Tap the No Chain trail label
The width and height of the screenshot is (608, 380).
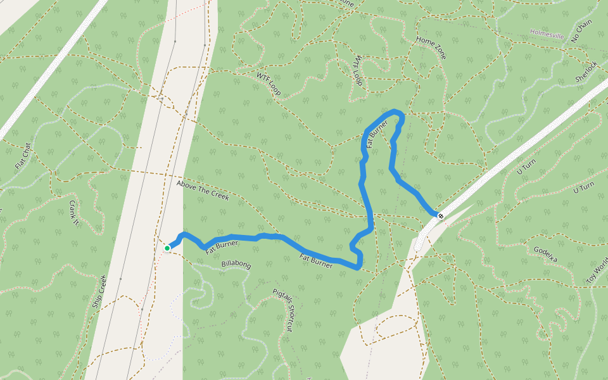pyautogui.click(x=581, y=30)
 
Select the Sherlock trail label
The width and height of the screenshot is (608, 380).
pyautogui.click(x=586, y=71)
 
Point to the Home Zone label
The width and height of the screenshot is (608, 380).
pyautogui.click(x=431, y=47)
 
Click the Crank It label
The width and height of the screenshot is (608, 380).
pyautogui.click(x=73, y=213)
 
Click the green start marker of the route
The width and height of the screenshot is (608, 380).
pyautogui.click(x=167, y=248)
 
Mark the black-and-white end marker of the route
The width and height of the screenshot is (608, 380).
pyautogui.click(x=440, y=217)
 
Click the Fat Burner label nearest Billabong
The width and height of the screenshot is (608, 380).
pyautogui.click(x=222, y=245)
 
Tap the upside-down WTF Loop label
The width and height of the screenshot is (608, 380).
pyautogui.click(x=358, y=69)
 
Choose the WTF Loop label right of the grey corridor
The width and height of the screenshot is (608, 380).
pyautogui.click(x=269, y=83)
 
